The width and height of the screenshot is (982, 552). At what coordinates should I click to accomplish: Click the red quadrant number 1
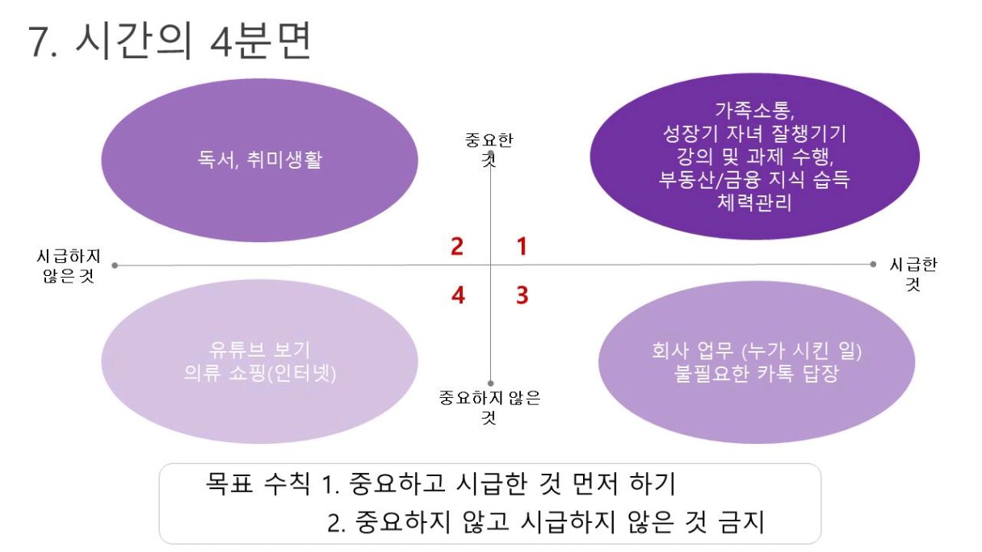(522, 246)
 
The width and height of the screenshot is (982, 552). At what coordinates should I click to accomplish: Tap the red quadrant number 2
(457, 246)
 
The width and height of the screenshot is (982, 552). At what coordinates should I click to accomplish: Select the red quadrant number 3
(522, 295)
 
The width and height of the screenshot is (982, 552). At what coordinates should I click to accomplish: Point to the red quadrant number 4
(458, 295)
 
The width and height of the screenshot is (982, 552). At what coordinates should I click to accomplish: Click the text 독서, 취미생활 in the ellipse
(259, 159)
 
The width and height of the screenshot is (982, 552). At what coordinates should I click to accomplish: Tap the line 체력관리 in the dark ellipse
(754, 202)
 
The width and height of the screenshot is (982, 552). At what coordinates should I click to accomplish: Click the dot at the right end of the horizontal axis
(873, 264)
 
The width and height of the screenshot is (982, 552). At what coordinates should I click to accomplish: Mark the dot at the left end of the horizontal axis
(115, 265)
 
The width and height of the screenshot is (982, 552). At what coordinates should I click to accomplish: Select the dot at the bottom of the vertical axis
(491, 384)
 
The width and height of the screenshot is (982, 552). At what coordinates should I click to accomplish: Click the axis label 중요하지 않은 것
(489, 406)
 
